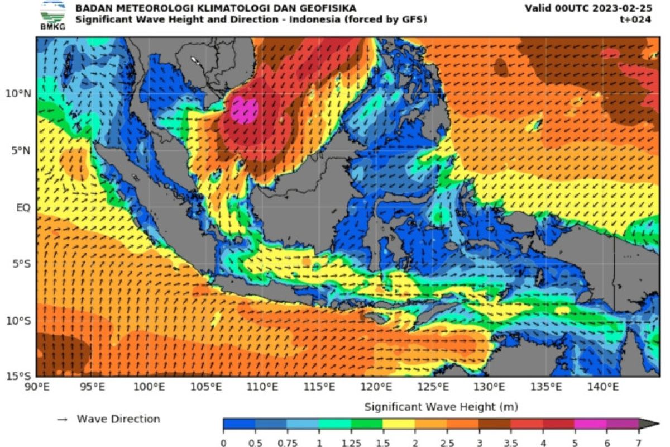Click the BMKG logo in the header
click(x=52, y=15)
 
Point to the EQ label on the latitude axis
click(x=23, y=207)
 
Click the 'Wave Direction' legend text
click(x=118, y=419)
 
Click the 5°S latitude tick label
click(x=22, y=264)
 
